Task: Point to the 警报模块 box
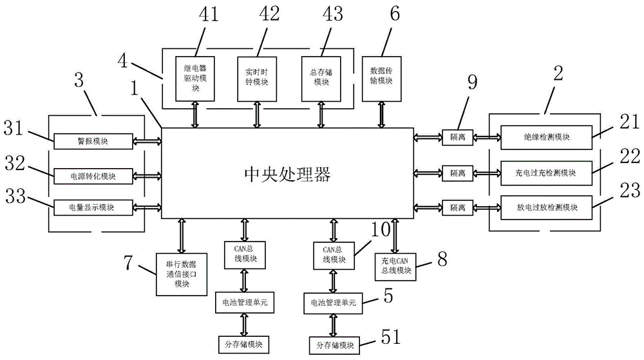(x=93, y=140)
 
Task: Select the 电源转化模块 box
(x=93, y=175)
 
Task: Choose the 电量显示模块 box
(x=93, y=207)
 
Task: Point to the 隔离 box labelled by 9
(x=457, y=137)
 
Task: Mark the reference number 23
(x=627, y=191)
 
